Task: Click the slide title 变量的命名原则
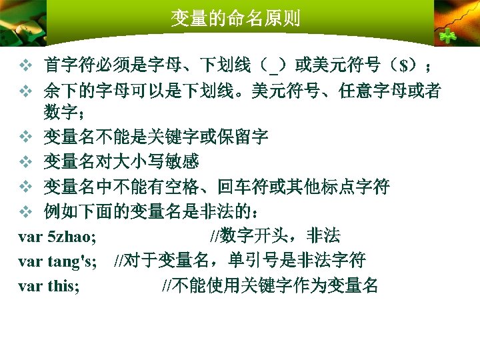click(235, 17)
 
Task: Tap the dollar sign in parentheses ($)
click(404, 65)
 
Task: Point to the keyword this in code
click(63, 286)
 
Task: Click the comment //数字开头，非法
click(275, 235)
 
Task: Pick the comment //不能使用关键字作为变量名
click(271, 286)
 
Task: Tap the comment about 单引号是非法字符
click(240, 261)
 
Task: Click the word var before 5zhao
click(31, 235)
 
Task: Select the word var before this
click(31, 286)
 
